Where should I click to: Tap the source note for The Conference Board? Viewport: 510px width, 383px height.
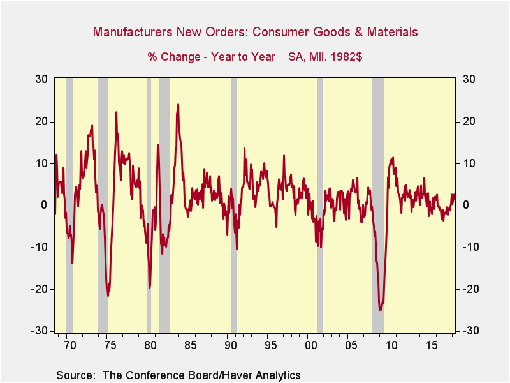pos(178,375)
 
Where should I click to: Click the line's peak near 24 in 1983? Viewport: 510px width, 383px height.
pos(178,105)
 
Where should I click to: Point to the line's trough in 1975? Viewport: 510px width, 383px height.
pos(108,295)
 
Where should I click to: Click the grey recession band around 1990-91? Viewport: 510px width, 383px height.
pos(234,204)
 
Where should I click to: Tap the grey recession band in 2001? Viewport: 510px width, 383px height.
pos(320,204)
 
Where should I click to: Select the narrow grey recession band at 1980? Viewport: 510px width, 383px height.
pos(149,204)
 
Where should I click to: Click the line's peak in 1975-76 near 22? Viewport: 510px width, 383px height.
pos(116,112)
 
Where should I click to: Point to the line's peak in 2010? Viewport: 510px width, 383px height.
pos(393,158)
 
